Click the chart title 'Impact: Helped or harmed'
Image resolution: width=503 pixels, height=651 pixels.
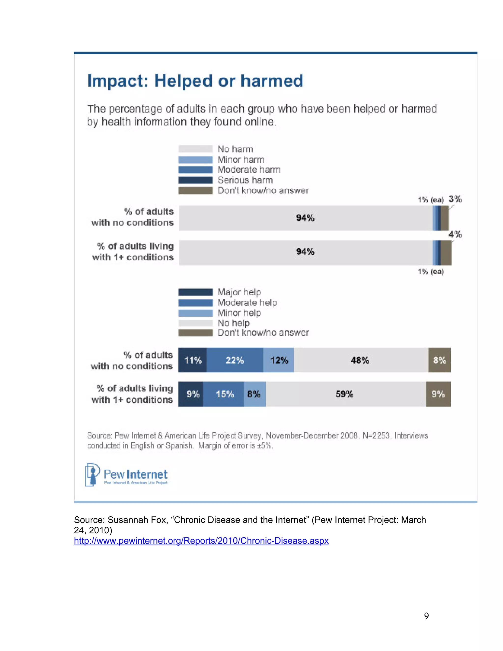195,81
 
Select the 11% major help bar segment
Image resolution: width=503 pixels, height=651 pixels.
193,360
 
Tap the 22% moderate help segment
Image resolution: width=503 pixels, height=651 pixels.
235,360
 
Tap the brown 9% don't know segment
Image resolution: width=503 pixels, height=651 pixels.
438,394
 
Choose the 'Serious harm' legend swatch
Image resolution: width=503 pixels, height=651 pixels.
196,180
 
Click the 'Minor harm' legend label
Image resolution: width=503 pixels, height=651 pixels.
241,159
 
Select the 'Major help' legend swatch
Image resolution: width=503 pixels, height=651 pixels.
196,292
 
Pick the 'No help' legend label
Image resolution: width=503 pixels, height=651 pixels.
234,323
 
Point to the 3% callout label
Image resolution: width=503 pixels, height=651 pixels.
455,199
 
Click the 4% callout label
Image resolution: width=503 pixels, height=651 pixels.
455,234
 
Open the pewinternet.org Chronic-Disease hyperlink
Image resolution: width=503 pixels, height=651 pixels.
201,541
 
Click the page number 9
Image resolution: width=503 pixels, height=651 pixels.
426,616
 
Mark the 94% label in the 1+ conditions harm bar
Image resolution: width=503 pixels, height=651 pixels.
305,252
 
